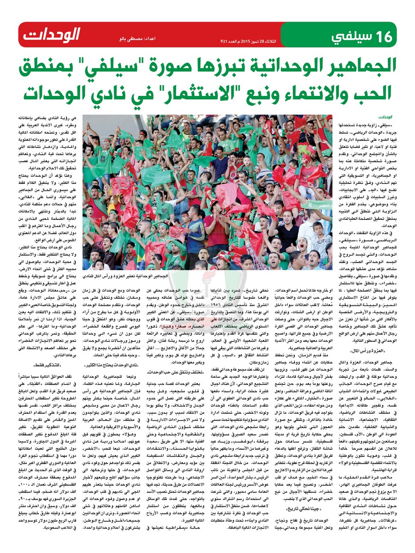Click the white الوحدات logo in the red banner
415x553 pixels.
(x=52, y=35)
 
